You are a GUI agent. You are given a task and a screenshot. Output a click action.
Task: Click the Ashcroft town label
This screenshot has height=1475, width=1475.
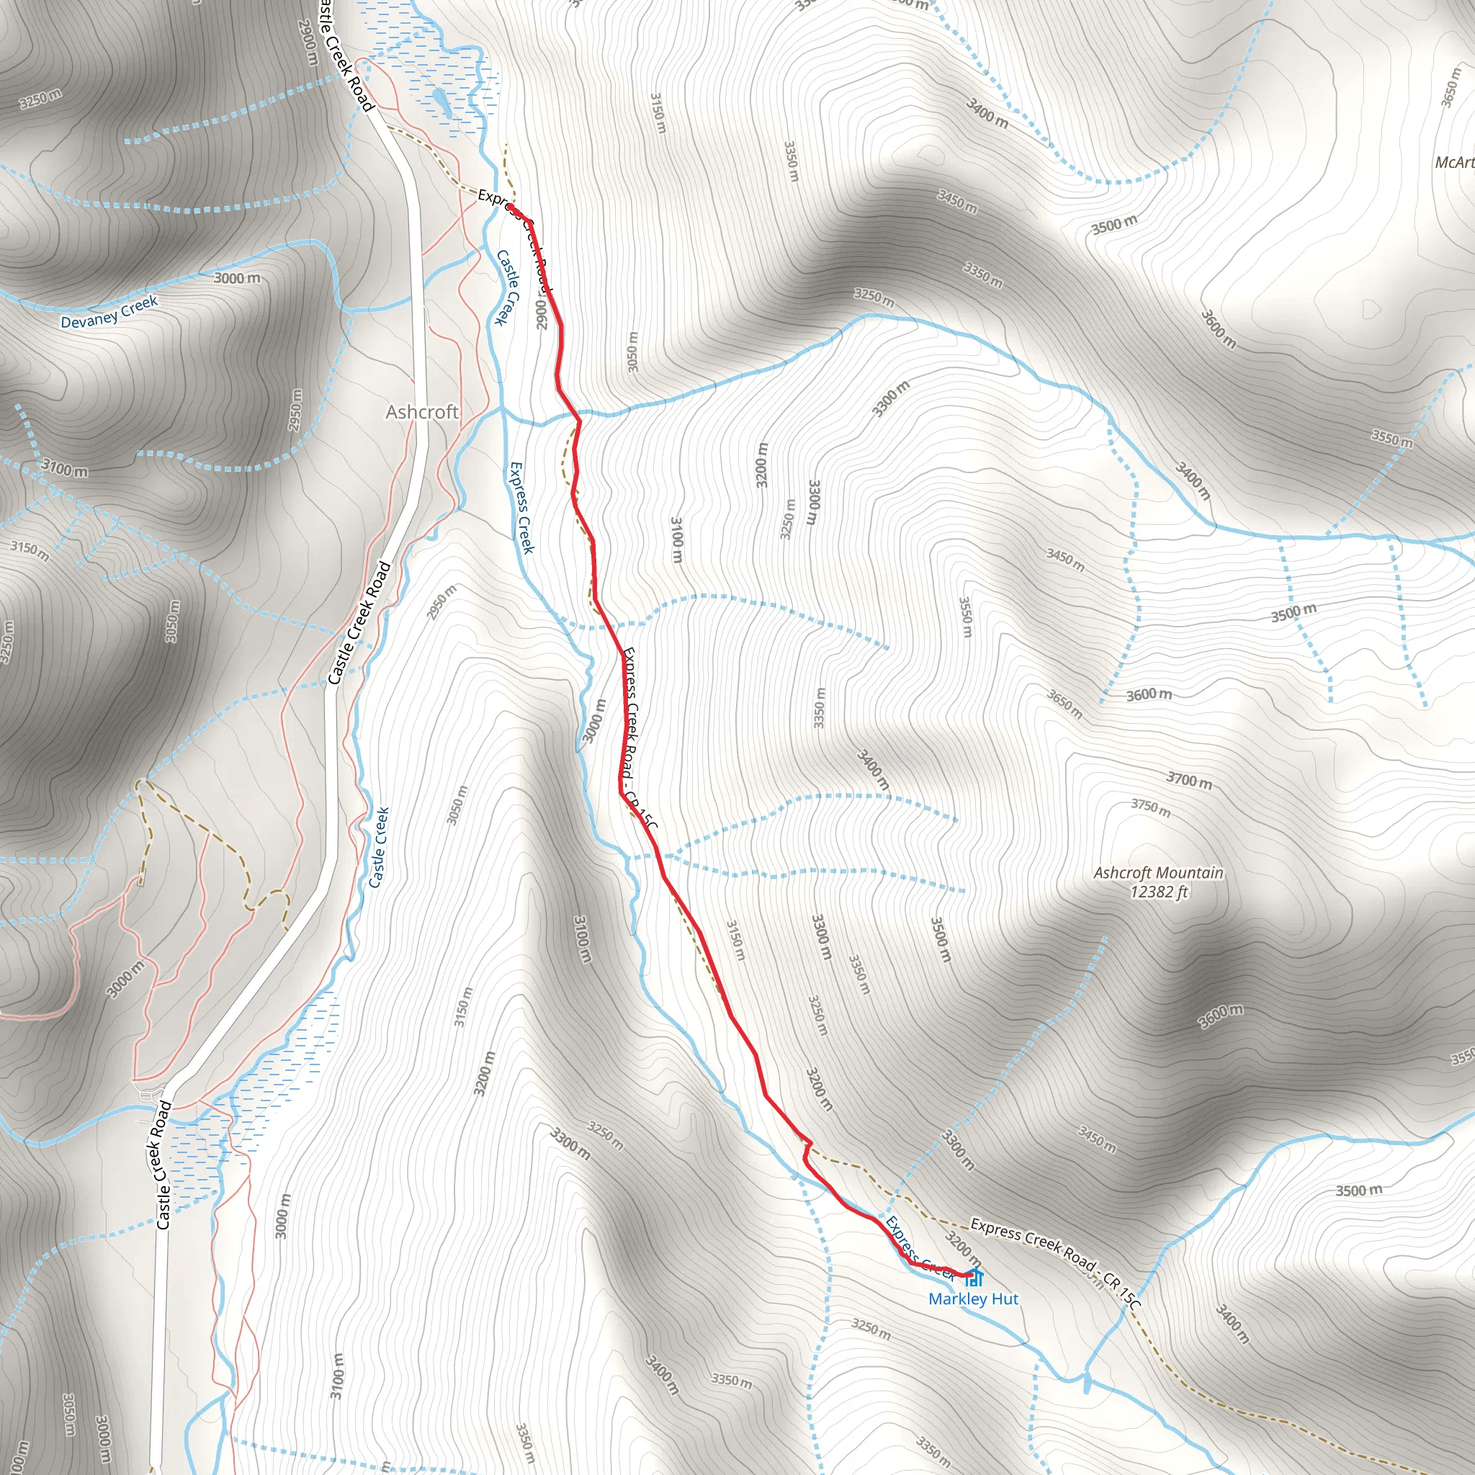[x=421, y=412]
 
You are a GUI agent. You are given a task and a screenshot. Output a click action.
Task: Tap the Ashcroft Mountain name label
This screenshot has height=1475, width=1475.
[x=1158, y=873]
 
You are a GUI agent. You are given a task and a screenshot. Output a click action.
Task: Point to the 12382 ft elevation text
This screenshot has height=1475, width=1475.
[x=1159, y=892]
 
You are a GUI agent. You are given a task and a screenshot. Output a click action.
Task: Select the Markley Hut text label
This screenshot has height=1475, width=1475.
[x=974, y=1299]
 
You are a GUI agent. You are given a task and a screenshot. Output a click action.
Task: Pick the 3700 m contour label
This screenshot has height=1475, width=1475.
[x=1188, y=779]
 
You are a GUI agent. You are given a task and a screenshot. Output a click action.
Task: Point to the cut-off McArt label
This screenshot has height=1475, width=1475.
[x=1454, y=162]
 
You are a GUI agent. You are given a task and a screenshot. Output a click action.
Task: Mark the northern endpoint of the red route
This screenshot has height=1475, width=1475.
[x=509, y=207]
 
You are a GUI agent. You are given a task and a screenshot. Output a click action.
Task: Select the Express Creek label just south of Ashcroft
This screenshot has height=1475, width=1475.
[x=522, y=507]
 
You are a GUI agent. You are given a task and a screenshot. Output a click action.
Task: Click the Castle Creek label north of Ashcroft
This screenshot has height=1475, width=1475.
[x=508, y=287]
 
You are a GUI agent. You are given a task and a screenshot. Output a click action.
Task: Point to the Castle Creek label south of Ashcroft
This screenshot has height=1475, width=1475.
[x=379, y=848]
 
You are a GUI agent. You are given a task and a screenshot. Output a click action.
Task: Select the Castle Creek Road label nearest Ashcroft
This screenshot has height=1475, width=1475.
[x=359, y=623]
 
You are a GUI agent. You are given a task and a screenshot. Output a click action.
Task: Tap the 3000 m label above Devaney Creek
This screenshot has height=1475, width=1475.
[x=237, y=278]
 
